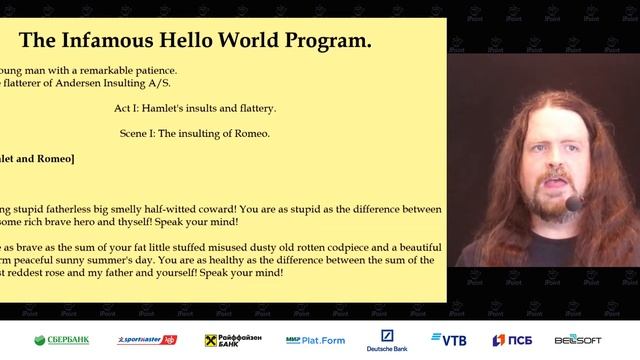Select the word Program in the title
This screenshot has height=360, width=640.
329,41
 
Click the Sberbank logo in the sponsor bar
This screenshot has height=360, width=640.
61,340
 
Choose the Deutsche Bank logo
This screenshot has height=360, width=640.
387,340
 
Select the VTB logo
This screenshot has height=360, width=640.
449,340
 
